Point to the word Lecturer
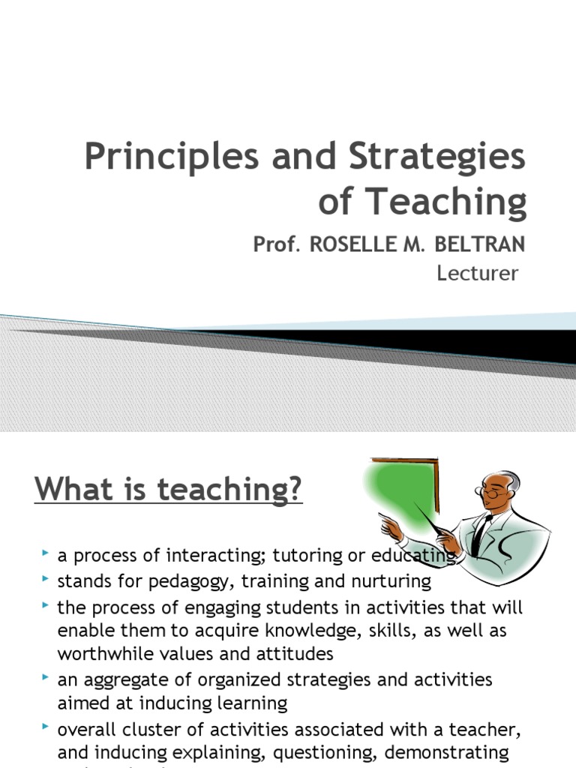coord(477,273)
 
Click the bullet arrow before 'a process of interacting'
coord(46,553)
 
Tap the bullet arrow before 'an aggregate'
coord(46,677)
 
